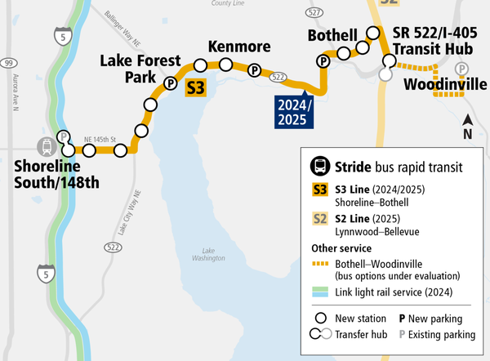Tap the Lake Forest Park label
[134, 69]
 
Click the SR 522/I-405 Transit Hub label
[434, 41]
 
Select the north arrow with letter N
[468, 127]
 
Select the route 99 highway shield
[7, 63]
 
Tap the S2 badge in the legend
[321, 219]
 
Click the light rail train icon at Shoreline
[47, 149]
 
